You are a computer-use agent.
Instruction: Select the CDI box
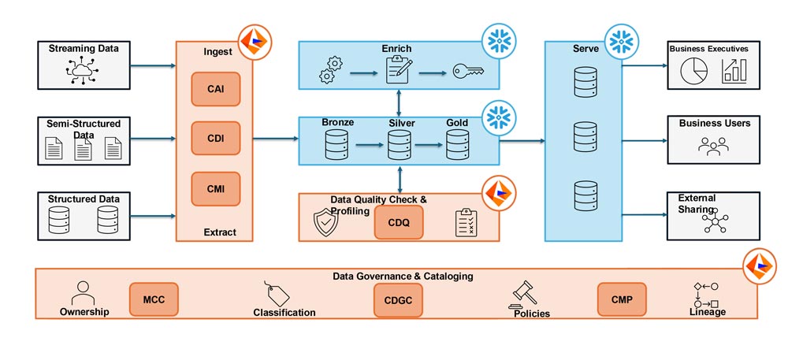pyautogui.click(x=214, y=138)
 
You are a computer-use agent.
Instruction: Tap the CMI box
pyautogui.click(x=214, y=189)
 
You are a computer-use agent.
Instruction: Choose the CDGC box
pyautogui.click(x=398, y=299)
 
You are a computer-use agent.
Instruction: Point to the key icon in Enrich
pyautogui.click(x=467, y=72)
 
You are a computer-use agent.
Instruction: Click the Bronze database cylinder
pyautogui.click(x=336, y=146)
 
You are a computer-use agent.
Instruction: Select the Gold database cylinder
pyautogui.click(x=457, y=146)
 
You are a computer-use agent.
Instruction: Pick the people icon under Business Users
pyautogui.click(x=713, y=147)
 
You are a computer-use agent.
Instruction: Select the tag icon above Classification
pyautogui.click(x=277, y=294)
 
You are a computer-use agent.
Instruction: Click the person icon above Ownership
pyautogui.click(x=83, y=294)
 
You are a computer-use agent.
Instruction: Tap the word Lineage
pyautogui.click(x=706, y=312)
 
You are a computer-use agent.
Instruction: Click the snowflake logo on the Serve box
pyautogui.click(x=623, y=39)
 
